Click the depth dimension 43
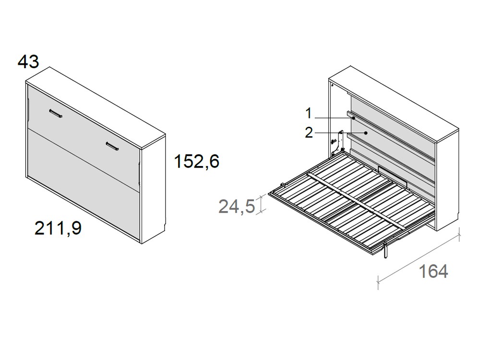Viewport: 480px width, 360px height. click(28, 61)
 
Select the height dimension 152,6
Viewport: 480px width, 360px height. click(197, 162)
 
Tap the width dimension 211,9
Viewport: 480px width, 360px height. click(58, 228)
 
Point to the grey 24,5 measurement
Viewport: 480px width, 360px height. click(237, 206)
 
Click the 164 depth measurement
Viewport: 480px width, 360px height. click(433, 271)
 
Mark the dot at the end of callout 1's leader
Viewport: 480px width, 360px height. click(353, 117)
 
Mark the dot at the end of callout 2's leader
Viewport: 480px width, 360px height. click(366, 132)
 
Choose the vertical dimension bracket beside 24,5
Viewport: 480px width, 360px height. click(261, 204)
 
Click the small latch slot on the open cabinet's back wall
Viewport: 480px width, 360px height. click(392, 171)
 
